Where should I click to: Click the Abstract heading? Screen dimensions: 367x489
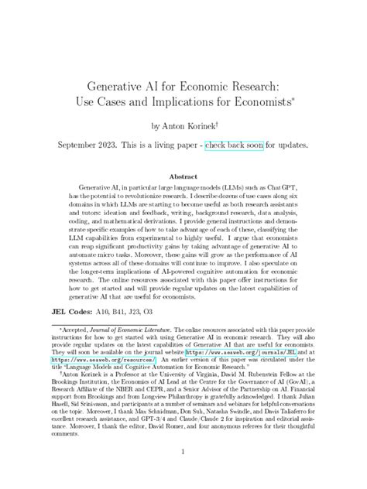183,176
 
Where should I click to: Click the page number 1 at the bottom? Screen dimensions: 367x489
183,473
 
